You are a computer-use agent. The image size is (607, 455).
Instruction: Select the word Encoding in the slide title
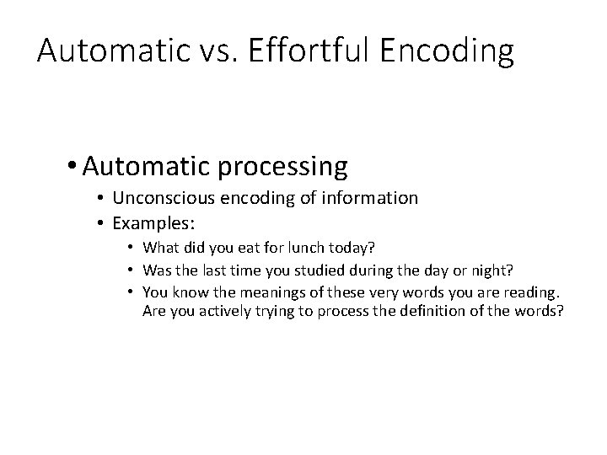pos(447,52)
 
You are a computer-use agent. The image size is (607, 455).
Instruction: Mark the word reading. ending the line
pos(530,292)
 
